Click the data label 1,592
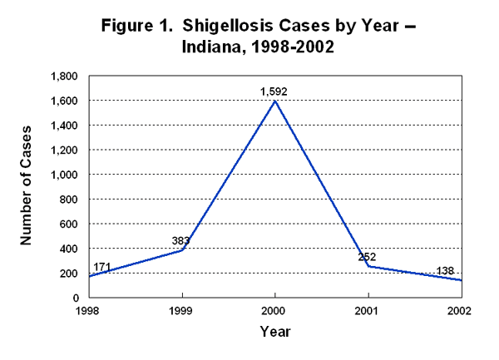pos(274,91)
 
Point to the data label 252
pos(367,256)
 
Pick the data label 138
pos(447,271)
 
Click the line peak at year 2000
pos(274,101)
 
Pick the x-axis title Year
pos(274,331)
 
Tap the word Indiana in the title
pos(211,47)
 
